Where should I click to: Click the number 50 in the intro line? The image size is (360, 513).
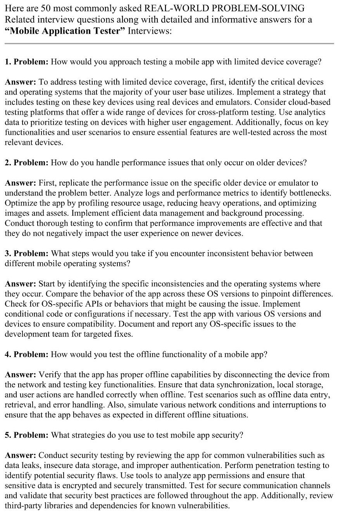click(46, 8)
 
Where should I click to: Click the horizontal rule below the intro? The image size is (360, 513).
click(169, 44)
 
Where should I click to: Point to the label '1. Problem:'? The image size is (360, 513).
click(26, 62)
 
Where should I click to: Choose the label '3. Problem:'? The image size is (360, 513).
click(26, 253)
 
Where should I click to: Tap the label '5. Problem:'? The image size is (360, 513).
click(26, 435)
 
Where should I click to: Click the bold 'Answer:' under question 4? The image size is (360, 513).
click(21, 374)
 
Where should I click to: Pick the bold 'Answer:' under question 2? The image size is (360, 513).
click(21, 183)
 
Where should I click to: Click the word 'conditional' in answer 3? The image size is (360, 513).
click(23, 314)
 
